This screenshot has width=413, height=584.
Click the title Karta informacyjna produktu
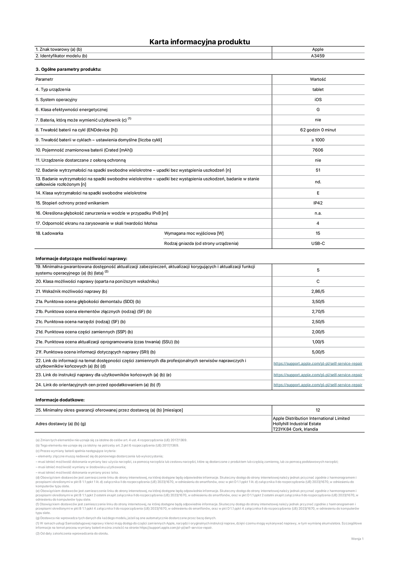point(200,42)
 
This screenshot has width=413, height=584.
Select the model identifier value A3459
point(318,56)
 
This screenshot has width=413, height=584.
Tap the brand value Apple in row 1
point(318,49)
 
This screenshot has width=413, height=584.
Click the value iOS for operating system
point(318,100)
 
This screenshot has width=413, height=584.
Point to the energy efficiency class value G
point(318,110)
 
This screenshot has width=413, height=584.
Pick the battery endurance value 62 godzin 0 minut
point(318,130)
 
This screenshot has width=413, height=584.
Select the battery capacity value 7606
point(318,150)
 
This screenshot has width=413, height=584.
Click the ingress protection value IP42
point(318,203)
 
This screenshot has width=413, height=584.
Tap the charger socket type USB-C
point(318,243)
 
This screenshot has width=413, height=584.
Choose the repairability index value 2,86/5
point(318,292)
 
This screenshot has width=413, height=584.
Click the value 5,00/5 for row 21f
point(318,352)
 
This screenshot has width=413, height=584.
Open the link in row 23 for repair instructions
point(318,375)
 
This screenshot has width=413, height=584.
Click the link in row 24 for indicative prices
point(318,385)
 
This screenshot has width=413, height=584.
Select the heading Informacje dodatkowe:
point(60,400)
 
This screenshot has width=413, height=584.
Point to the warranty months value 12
point(318,410)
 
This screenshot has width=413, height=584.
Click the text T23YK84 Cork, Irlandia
point(295,429)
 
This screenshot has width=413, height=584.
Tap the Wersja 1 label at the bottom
point(357,539)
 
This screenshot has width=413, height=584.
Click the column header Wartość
point(318,80)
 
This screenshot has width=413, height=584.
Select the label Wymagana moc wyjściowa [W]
point(194,233)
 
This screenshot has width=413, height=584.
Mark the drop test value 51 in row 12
point(318,170)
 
